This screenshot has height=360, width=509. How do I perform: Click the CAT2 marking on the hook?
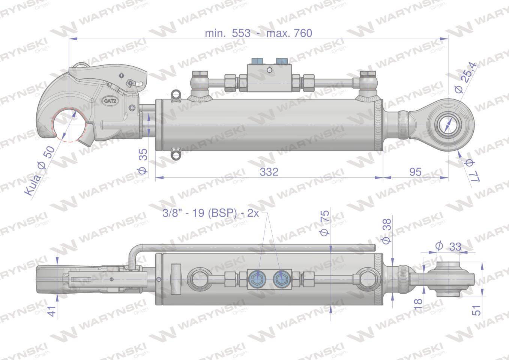pos(110,101)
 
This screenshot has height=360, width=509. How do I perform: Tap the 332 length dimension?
pos(269,172)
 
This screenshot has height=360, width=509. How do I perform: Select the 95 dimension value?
pos(415,172)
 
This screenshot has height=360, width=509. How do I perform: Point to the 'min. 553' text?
pos(228,33)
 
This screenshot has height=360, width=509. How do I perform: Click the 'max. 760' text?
pos(289,33)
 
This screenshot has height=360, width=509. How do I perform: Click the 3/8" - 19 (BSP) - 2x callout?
pos(211,213)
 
